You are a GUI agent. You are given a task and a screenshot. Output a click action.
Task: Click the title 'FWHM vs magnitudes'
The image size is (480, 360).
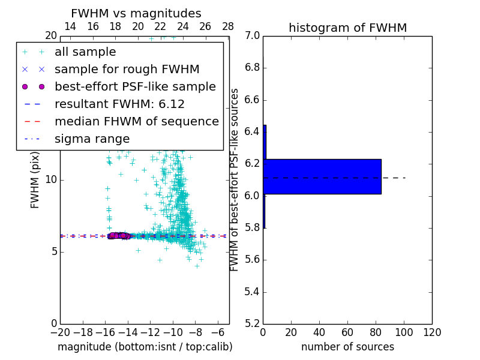(136, 14)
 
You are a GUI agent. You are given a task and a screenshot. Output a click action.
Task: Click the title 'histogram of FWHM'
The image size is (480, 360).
(347, 28)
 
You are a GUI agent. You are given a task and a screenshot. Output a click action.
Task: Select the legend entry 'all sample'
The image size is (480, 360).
(85, 52)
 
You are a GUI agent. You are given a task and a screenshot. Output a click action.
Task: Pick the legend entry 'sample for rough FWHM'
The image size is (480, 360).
(127, 70)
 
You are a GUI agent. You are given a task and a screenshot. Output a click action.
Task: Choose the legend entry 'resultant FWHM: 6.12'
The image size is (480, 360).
(119, 104)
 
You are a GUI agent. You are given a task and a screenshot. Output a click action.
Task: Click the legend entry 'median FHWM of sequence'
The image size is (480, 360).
(136, 122)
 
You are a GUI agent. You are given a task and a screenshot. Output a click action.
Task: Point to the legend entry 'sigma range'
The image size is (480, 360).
(92, 139)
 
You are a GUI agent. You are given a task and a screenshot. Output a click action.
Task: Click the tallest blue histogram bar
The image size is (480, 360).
(322, 176)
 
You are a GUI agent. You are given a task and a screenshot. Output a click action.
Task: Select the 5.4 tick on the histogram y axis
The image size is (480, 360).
(252, 292)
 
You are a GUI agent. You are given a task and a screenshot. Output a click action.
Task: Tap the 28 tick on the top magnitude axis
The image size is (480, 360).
(228, 26)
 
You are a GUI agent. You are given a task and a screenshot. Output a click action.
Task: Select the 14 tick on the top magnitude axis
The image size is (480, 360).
(70, 26)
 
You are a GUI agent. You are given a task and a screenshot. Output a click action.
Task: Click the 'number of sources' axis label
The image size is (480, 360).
(347, 347)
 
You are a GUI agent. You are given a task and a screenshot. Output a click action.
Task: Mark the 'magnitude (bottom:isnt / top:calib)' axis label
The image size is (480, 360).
(145, 347)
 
